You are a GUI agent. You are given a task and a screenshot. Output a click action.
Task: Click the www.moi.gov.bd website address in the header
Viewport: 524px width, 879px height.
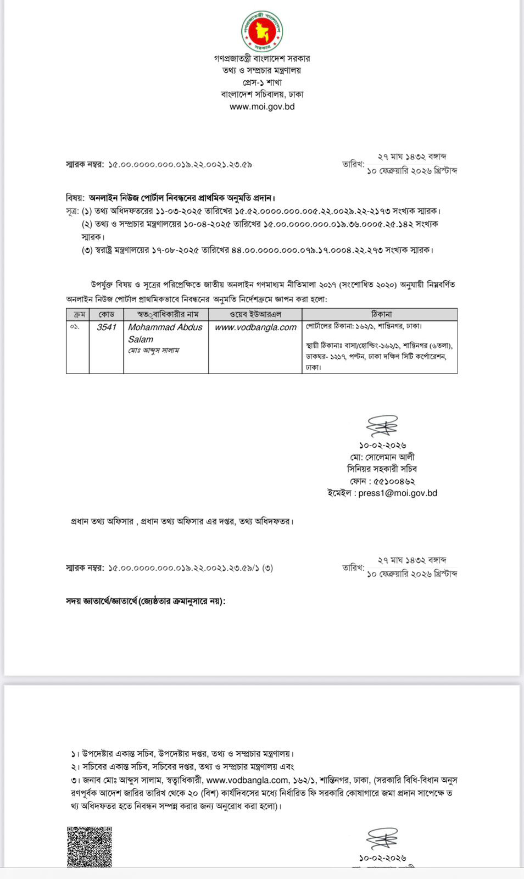tap(262, 107)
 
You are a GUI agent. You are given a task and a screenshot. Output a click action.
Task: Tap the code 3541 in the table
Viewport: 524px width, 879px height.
tap(106, 327)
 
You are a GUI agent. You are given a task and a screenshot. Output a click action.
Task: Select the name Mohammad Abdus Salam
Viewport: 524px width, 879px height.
tap(165, 333)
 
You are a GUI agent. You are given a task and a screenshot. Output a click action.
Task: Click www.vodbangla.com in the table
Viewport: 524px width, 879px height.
tap(255, 327)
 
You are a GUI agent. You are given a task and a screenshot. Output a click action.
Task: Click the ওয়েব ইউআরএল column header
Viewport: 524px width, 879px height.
tap(255, 314)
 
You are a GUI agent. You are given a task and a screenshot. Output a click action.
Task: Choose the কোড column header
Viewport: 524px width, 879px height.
tap(106, 314)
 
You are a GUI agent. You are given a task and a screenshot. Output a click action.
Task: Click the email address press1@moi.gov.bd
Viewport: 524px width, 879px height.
tap(398, 493)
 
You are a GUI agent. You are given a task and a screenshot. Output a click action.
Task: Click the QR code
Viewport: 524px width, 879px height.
tap(90, 847)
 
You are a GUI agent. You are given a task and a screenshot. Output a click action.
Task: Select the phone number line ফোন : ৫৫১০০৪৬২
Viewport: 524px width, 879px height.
tap(382, 481)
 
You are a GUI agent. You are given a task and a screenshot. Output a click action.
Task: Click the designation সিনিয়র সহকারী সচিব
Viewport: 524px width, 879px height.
tap(382, 469)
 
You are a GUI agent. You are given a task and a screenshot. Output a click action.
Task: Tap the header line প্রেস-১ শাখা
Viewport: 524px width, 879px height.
tap(262, 82)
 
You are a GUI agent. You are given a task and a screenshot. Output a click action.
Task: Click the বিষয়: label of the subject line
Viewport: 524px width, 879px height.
tap(75, 198)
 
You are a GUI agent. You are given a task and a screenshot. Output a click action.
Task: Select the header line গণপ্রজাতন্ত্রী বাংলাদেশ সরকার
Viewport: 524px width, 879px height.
tap(262, 58)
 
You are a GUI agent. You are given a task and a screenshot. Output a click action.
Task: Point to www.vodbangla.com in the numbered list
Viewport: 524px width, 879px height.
tap(247, 780)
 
